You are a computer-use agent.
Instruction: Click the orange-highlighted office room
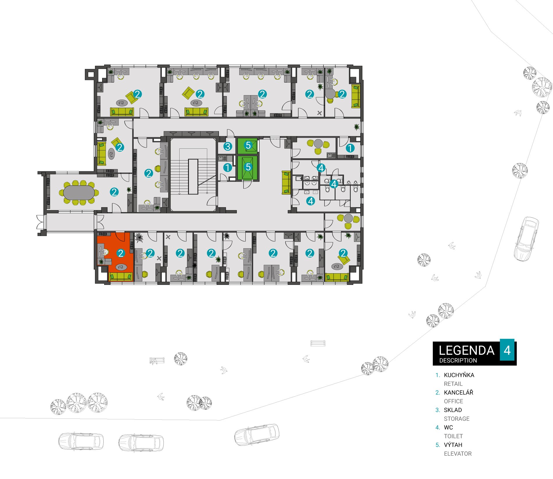pyautogui.click(x=115, y=256)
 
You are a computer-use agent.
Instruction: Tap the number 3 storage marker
pyautogui.click(x=228, y=146)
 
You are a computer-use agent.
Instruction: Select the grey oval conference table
pyautogui.click(x=79, y=192)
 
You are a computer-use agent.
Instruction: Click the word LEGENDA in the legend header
pyautogui.click(x=467, y=350)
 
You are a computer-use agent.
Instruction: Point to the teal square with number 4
pyautogui.click(x=507, y=350)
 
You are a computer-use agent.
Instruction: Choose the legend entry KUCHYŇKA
pyautogui.click(x=459, y=375)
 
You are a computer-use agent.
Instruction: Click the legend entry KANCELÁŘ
pyautogui.click(x=458, y=393)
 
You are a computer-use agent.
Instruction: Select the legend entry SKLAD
pyautogui.click(x=453, y=410)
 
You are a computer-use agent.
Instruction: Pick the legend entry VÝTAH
pyautogui.click(x=453, y=445)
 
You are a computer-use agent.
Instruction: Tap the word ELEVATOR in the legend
pyautogui.click(x=458, y=454)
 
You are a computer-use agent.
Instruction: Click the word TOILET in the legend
pyautogui.click(x=453, y=436)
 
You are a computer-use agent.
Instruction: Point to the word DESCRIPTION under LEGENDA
pyautogui.click(x=458, y=360)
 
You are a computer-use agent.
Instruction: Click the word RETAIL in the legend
pyautogui.click(x=453, y=384)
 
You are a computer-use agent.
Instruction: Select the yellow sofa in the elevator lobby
pyautogui.click(x=286, y=182)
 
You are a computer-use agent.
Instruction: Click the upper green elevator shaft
pyautogui.click(x=247, y=146)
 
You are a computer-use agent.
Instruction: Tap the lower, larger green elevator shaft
pyautogui.click(x=247, y=168)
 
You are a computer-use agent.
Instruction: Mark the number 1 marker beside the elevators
pyautogui.click(x=227, y=168)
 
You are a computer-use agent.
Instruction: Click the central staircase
pyautogui.click(x=193, y=175)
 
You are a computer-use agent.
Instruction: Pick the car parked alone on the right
pyautogui.click(x=527, y=239)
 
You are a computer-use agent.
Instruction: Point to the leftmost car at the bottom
pyautogui.click(x=81, y=441)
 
